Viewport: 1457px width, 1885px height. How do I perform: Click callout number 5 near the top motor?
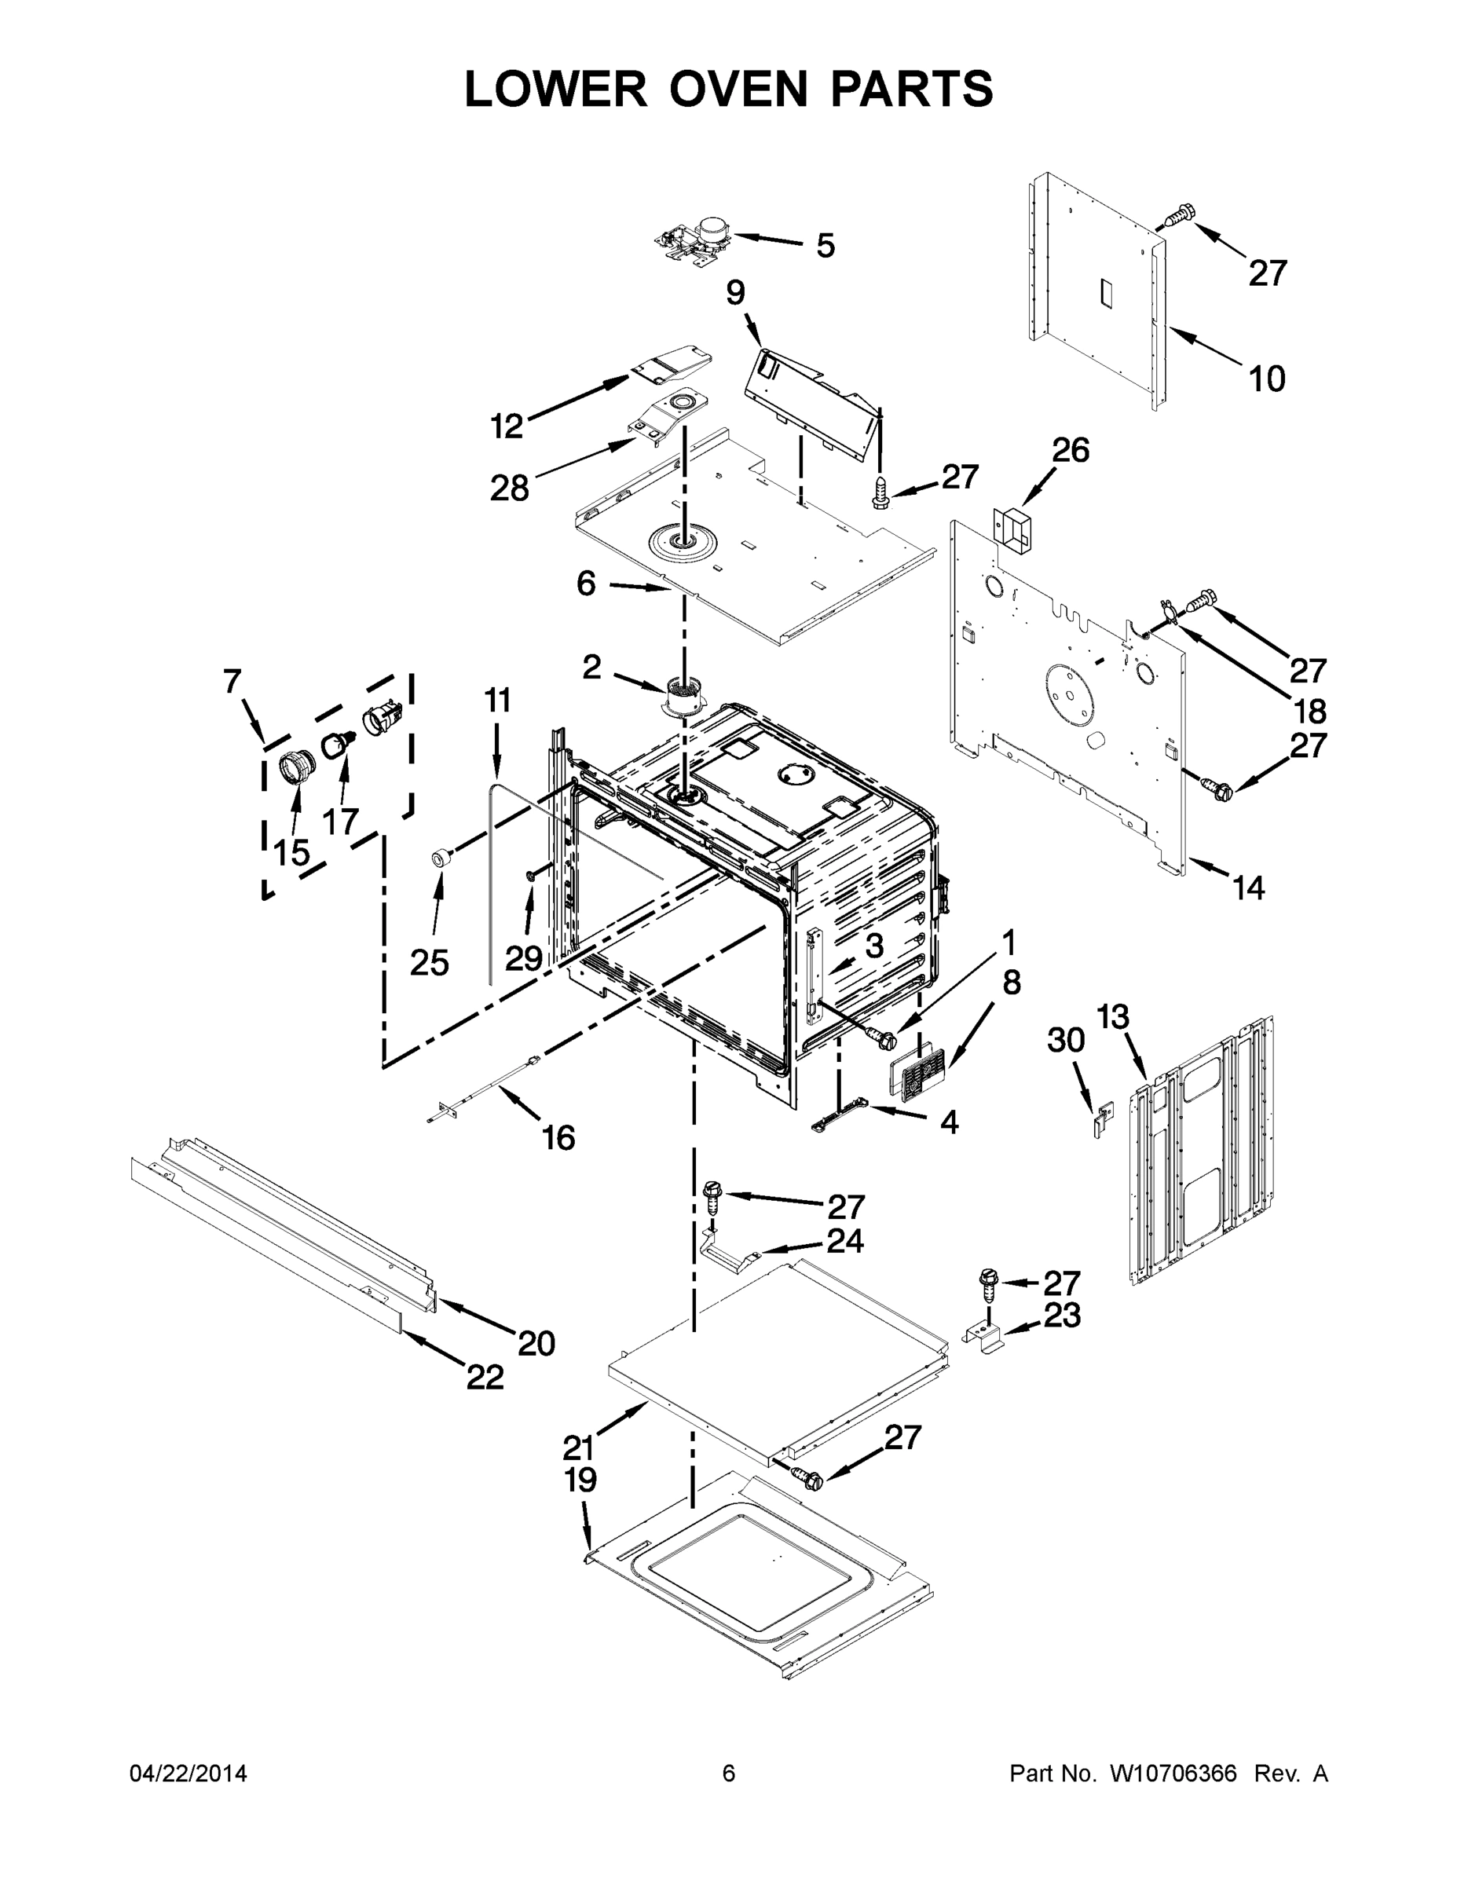(826, 246)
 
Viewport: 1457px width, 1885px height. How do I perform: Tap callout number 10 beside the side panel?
(1267, 378)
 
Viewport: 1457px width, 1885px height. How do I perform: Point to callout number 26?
(1071, 450)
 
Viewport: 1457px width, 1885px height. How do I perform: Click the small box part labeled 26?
(1012, 527)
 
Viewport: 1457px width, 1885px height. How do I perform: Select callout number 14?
(1248, 888)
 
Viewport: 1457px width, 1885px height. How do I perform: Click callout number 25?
(429, 962)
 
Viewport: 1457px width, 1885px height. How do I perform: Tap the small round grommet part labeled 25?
(441, 858)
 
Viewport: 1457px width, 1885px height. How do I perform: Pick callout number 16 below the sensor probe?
(558, 1138)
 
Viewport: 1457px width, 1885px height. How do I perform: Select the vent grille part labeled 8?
(918, 1072)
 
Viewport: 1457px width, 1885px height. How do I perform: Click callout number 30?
(1066, 1040)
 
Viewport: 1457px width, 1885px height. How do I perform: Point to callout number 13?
(1113, 1017)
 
